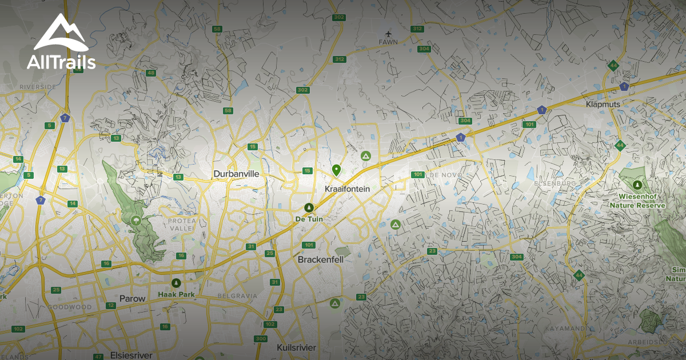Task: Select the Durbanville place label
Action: [x=236, y=174]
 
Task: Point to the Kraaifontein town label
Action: [x=347, y=189]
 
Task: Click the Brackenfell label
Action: [x=320, y=259]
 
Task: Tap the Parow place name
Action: [x=133, y=298]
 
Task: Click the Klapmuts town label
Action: [x=603, y=104]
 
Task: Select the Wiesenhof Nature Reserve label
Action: [x=637, y=201]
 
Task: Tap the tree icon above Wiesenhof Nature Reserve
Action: [x=637, y=185]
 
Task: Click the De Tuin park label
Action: [x=309, y=219]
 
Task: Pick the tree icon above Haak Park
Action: [x=176, y=283]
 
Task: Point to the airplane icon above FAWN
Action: [x=388, y=33]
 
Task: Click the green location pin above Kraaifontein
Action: [x=337, y=170]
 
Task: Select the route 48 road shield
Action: [x=151, y=73]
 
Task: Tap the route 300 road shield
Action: [x=261, y=339]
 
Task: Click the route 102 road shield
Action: [x=18, y=329]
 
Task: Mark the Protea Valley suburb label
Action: [x=182, y=224]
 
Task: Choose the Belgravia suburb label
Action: [x=237, y=295]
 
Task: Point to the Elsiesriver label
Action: [x=131, y=355]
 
